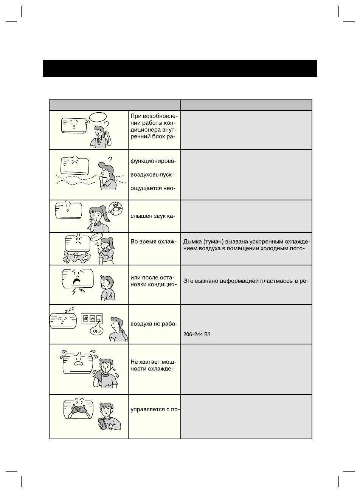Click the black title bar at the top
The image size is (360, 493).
pos(180,68)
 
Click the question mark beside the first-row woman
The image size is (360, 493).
pos(107,124)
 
